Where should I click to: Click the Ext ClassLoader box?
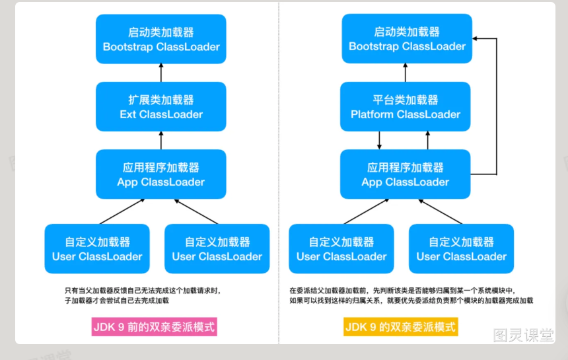point(161,106)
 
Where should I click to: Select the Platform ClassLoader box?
point(405,106)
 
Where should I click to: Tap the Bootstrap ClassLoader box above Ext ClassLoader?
point(161,39)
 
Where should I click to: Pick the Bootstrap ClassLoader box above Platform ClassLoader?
point(407,38)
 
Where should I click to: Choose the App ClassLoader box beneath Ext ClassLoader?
point(161,174)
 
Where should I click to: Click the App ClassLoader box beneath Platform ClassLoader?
point(405,174)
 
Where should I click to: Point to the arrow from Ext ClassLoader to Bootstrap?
point(161,73)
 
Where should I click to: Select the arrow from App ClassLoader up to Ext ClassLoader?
point(161,141)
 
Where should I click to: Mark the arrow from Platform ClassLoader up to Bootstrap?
point(406,73)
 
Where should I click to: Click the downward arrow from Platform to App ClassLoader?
point(379,141)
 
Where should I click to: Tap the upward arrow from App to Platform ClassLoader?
point(428,141)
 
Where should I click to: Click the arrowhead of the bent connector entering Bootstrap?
point(475,38)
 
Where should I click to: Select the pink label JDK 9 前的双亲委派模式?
point(155,327)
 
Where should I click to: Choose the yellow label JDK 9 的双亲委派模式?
point(401,327)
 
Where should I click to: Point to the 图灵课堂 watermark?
point(523,335)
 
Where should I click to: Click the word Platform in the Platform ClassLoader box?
point(372,114)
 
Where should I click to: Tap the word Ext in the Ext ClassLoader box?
point(128,114)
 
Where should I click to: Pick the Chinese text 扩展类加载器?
point(161,100)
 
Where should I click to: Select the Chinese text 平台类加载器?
point(406,100)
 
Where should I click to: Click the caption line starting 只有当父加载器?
point(143,291)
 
